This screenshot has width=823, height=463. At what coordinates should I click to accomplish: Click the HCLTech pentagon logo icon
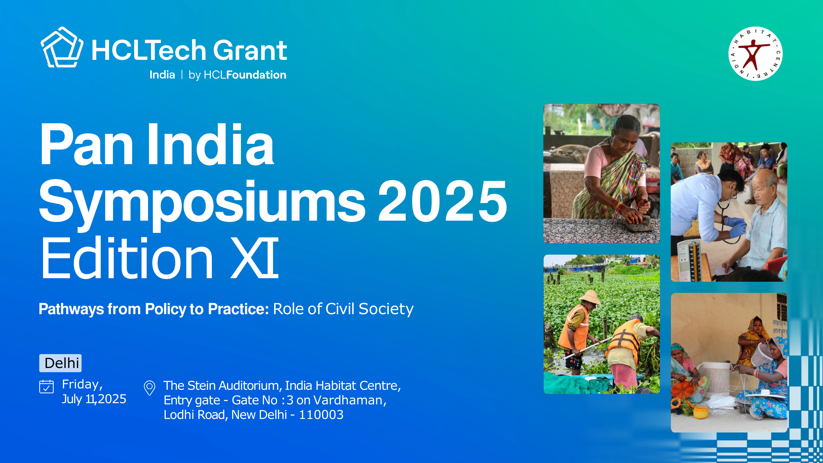point(62,47)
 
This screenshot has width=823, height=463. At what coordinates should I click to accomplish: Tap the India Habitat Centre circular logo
point(755,54)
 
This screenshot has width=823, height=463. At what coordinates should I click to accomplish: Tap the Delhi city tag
point(60,363)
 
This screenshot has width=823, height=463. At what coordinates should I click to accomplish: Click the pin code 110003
point(321,415)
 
